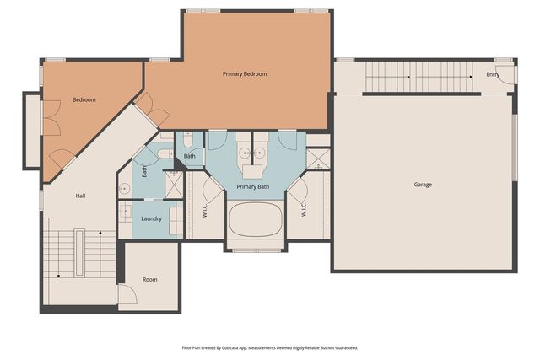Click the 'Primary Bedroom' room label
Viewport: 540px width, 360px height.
pyautogui.click(x=245, y=74)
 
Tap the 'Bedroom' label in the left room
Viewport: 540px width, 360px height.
pyautogui.click(x=84, y=100)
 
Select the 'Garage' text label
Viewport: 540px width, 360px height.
pyautogui.click(x=424, y=184)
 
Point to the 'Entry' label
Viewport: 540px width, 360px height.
pyautogui.click(x=493, y=75)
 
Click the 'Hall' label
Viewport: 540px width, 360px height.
pyautogui.click(x=80, y=196)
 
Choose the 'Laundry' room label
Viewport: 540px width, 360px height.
pyautogui.click(x=151, y=218)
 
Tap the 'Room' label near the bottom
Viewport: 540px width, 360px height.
pyautogui.click(x=149, y=280)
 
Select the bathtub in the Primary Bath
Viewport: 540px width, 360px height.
pyautogui.click(x=256, y=221)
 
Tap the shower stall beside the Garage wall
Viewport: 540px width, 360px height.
pyautogui.click(x=318, y=159)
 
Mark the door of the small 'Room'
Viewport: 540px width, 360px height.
pyautogui.click(x=127, y=294)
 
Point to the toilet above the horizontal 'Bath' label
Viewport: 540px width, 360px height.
pyautogui.click(x=187, y=141)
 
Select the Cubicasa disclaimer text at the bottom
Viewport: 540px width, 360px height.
pyautogui.click(x=270, y=347)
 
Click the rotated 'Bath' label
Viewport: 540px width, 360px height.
pyautogui.click(x=144, y=170)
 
